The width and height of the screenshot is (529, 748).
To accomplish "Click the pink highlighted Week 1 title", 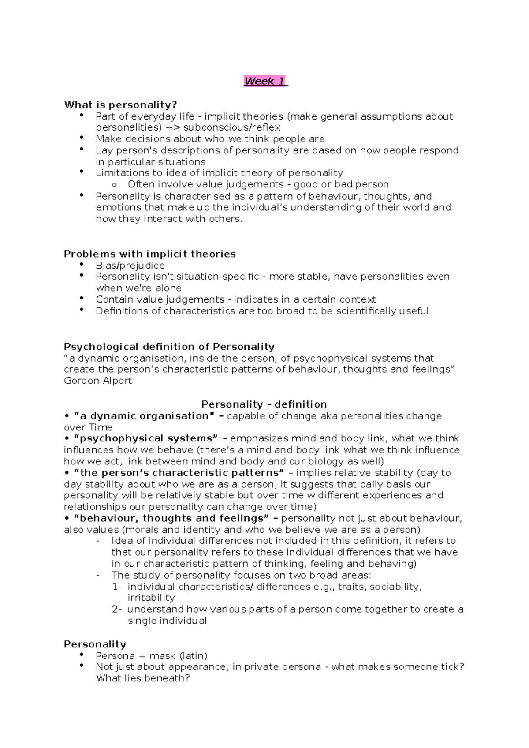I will pos(265,81).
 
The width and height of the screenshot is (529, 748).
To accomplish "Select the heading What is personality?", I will pos(120,105).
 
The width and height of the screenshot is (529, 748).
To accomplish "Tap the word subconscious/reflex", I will pos(232,127).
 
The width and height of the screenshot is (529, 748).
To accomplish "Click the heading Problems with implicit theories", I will pos(149,254).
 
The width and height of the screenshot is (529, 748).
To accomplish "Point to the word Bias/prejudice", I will pos(130,266).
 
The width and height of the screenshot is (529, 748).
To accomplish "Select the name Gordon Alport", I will pos(98,381).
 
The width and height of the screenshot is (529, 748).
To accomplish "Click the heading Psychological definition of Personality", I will pos(169,347).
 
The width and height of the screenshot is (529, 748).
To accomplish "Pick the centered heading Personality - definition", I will pos(264,404).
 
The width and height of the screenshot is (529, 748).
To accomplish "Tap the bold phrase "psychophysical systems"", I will pos(146,438).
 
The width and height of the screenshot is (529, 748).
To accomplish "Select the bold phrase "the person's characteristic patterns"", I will pos(179,473).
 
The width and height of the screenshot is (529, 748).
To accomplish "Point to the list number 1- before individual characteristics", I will pos(117,587).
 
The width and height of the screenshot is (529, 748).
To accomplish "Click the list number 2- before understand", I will pos(117,610).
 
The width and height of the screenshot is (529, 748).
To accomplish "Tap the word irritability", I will pos(151,598).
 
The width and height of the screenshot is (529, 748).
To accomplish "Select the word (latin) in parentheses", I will pos(193,656).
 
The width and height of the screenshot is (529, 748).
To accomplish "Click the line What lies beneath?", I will pos(143,678).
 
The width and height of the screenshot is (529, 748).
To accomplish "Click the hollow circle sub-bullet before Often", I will pos(115,185).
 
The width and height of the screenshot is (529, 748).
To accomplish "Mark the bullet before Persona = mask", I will pos(82,654).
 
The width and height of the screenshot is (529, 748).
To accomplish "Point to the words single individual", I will pos(167,621).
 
